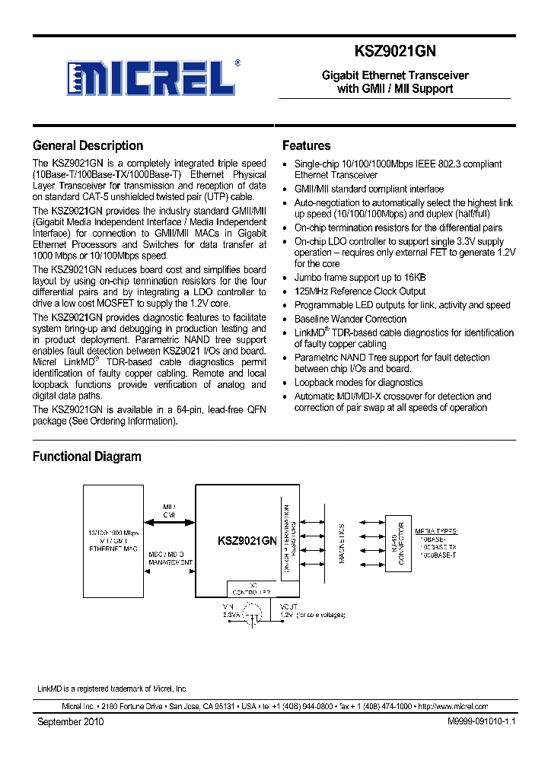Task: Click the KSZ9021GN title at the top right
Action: click(x=394, y=52)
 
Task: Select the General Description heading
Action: click(x=88, y=146)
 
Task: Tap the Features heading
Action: click(x=306, y=146)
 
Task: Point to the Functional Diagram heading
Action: click(x=86, y=457)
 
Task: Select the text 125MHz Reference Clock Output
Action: click(x=360, y=291)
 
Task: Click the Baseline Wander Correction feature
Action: click(x=350, y=319)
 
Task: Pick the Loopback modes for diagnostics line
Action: click(x=358, y=383)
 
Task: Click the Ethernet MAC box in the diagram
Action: click(x=114, y=539)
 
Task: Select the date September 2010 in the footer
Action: click(x=70, y=721)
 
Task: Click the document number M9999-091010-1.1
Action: click(x=472, y=721)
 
